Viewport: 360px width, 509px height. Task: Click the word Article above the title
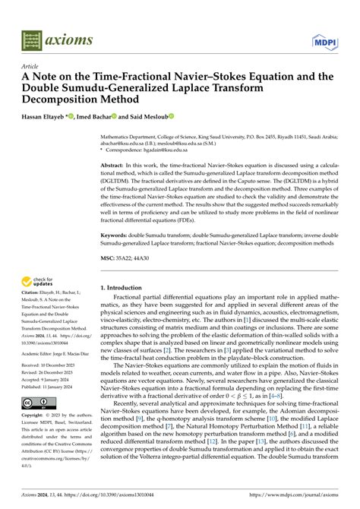[31, 67]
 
